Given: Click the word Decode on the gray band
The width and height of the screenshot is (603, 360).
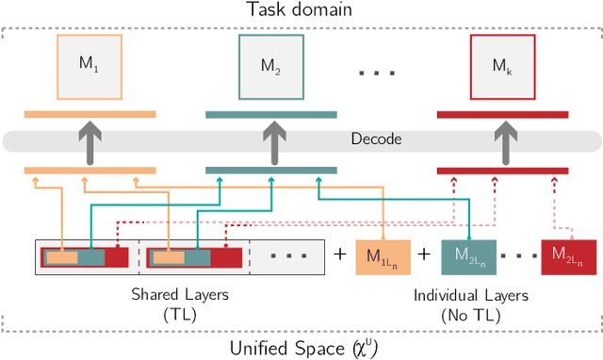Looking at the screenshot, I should (375, 139).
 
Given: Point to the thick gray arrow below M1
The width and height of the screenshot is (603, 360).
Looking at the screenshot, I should (90, 140).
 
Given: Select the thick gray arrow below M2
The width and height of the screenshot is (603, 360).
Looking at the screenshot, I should (271, 140).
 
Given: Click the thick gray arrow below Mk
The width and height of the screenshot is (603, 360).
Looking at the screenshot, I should (501, 140).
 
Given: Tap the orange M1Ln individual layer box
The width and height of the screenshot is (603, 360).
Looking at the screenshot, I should (383, 254).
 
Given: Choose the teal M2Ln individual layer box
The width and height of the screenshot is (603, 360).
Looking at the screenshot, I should (468, 254).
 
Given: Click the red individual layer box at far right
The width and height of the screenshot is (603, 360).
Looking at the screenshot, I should (568, 254).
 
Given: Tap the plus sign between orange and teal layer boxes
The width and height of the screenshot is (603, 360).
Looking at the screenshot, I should (425, 254).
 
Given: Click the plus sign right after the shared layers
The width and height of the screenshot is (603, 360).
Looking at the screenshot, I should (340, 254).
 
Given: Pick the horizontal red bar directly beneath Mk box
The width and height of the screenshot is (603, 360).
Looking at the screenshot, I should (502, 115).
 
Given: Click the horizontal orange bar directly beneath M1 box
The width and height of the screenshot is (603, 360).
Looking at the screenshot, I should (90, 115).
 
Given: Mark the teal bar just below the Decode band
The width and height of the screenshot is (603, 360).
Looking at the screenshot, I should (271, 171).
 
